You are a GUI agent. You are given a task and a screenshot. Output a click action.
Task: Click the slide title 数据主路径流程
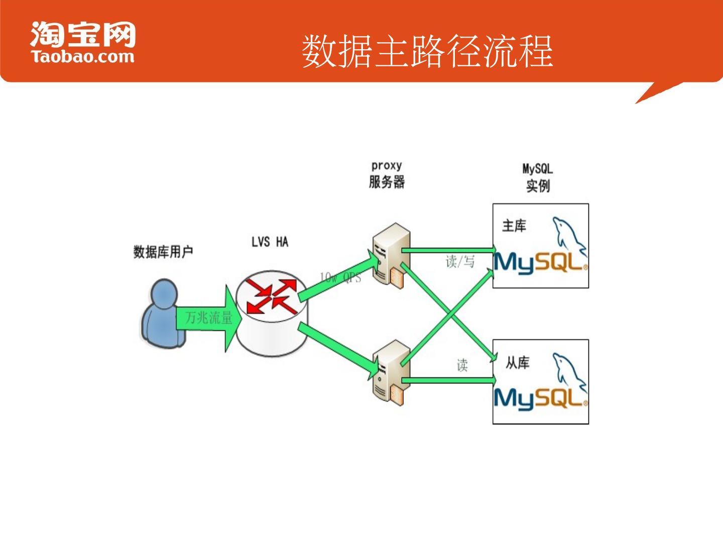click(427, 51)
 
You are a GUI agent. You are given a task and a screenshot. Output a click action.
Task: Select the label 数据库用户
click(163, 251)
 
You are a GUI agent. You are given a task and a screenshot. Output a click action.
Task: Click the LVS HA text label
click(270, 242)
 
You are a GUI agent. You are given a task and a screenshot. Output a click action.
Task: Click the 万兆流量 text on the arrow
click(209, 318)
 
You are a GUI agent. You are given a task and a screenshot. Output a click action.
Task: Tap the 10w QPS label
click(340, 278)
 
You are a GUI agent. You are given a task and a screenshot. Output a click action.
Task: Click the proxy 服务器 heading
click(387, 175)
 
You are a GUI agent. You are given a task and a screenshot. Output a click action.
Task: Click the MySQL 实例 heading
click(538, 178)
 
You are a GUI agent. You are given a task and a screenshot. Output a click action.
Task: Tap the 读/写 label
click(460, 261)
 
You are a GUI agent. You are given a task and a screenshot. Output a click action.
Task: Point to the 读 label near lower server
click(462, 365)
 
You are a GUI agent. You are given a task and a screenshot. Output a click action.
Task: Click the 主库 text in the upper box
click(514, 226)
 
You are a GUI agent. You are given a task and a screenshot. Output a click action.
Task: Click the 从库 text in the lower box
click(517, 362)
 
